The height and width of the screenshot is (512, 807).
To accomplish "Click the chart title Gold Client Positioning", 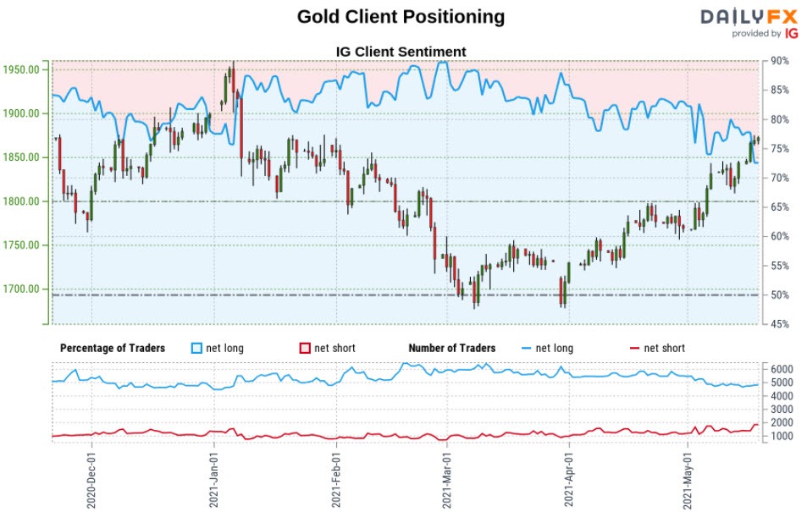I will pyautogui.click(x=401, y=17).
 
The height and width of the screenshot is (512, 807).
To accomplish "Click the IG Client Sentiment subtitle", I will pyautogui.click(x=401, y=52).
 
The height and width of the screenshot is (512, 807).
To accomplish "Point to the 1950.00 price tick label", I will pyautogui.click(x=24, y=70).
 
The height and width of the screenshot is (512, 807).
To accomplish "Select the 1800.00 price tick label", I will pyautogui.click(x=24, y=201).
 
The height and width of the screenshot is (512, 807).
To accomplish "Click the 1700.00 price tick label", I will pyautogui.click(x=24, y=289).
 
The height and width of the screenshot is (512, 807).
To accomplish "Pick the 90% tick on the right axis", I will pyautogui.click(x=780, y=61).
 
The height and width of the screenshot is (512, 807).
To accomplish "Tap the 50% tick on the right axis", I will pyautogui.click(x=780, y=295).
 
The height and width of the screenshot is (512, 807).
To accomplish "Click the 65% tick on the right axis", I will pyautogui.click(x=780, y=207).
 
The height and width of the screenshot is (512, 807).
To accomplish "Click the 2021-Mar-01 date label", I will pyautogui.click(x=446, y=479).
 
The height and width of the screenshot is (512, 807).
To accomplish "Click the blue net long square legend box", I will pyautogui.click(x=197, y=348).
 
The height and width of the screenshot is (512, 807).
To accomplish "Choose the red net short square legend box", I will pyautogui.click(x=305, y=348).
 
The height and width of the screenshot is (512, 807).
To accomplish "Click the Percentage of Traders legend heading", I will pyautogui.click(x=113, y=348).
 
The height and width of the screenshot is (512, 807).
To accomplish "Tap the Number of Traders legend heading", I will pyautogui.click(x=451, y=348).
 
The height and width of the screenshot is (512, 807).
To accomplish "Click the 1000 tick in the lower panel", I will pyautogui.click(x=782, y=437).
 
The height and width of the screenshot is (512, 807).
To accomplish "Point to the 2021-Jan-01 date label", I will pyautogui.click(x=215, y=479).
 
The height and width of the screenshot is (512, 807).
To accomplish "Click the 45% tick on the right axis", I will pyautogui.click(x=780, y=324).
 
